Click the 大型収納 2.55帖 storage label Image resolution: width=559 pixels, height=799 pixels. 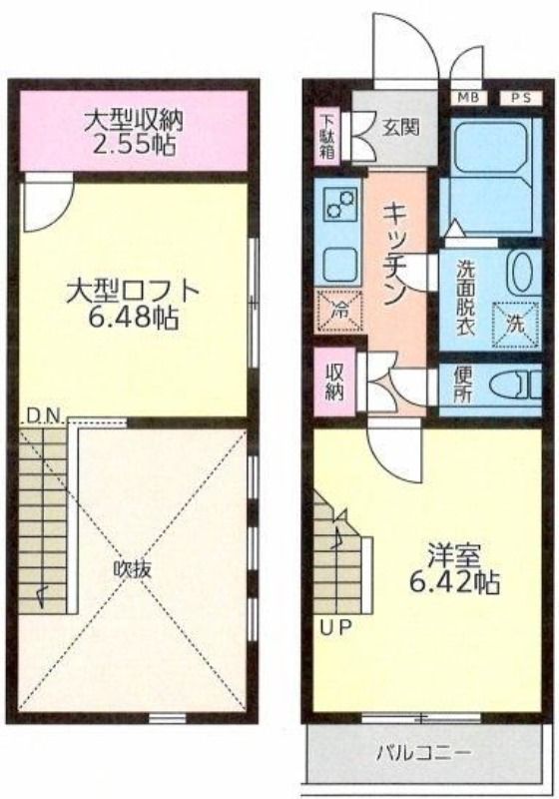click(134, 132)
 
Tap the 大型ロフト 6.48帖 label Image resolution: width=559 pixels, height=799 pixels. click(133, 305)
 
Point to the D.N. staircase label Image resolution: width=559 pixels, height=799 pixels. click(43, 415)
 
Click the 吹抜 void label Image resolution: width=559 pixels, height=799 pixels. click(133, 569)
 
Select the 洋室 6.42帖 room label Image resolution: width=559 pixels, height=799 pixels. click(454, 569)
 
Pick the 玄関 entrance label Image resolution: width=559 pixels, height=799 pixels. click(400, 128)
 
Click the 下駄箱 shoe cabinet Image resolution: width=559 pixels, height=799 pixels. click(326, 137)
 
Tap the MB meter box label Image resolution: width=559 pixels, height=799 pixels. click(469, 97)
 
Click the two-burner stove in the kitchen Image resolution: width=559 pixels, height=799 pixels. click(339, 204)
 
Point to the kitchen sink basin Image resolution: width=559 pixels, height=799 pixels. click(338, 263)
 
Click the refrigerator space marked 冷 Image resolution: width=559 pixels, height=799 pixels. click(338, 311)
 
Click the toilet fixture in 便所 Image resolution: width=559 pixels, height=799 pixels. click(516, 385)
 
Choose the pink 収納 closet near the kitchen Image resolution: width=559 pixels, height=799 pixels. click(334, 382)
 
